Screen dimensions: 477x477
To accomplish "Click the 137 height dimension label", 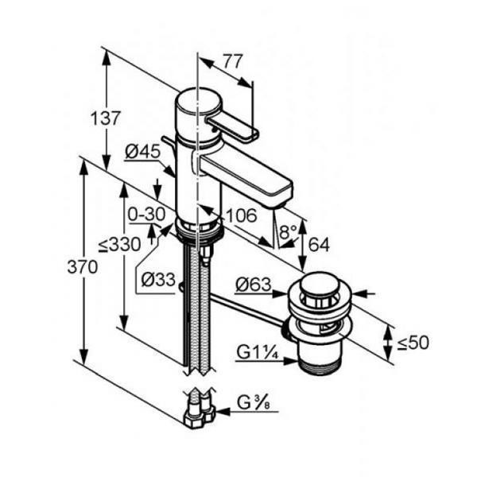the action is pos(106,118).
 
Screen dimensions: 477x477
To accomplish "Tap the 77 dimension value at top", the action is pos(233,61).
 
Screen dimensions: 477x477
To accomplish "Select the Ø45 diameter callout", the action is pos(142,151).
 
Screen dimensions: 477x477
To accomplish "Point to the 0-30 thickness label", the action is pos(146,215).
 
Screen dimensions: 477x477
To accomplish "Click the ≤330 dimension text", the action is pos(120,244).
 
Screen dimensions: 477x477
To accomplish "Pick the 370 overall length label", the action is pos(83,267).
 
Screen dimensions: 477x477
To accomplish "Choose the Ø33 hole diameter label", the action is pos(158,279).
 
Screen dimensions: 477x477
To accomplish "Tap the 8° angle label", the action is pos(288,232).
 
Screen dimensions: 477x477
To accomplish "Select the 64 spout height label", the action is pos(319,244).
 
